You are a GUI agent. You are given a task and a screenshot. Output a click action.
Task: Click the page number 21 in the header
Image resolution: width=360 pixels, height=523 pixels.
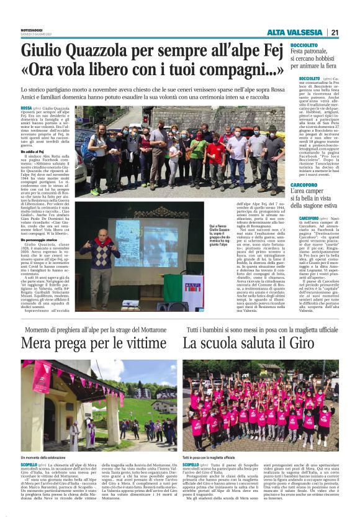[334, 32]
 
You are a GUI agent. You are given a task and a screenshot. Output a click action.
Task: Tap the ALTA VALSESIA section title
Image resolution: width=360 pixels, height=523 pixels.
[294, 32]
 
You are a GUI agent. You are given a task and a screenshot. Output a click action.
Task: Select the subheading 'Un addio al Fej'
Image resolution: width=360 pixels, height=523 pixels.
[32, 151]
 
